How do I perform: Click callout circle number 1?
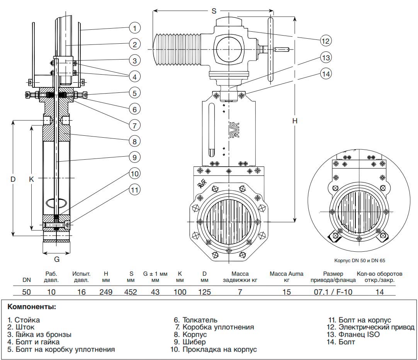click(134, 28)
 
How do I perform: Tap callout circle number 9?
click(134, 157)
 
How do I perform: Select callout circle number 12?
click(326, 40)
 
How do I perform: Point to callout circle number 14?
click(326, 73)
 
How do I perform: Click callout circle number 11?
click(134, 190)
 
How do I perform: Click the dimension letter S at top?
click(214, 11)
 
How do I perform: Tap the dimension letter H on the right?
click(295, 121)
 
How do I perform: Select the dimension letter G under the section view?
click(56, 259)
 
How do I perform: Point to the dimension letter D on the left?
click(13, 179)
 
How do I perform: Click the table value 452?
click(131, 292)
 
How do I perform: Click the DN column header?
click(26, 280)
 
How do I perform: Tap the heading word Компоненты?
click(32, 307)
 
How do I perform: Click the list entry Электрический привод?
click(376, 327)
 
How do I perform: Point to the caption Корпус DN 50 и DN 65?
click(359, 261)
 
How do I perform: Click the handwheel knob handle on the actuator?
click(282, 49)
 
